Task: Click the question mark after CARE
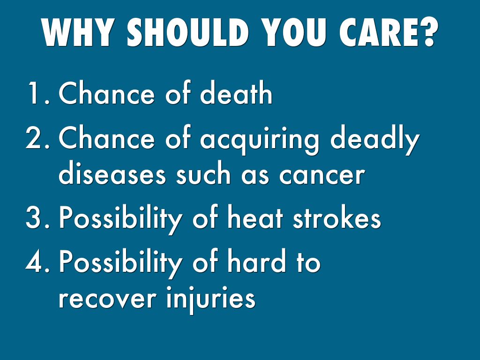[425, 32]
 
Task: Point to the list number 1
[38, 93]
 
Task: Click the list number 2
[37, 137]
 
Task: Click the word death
[236, 92]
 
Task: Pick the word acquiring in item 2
[260, 140]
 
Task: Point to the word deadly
[375, 140]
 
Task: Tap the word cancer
[322, 176]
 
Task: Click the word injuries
[211, 300]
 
